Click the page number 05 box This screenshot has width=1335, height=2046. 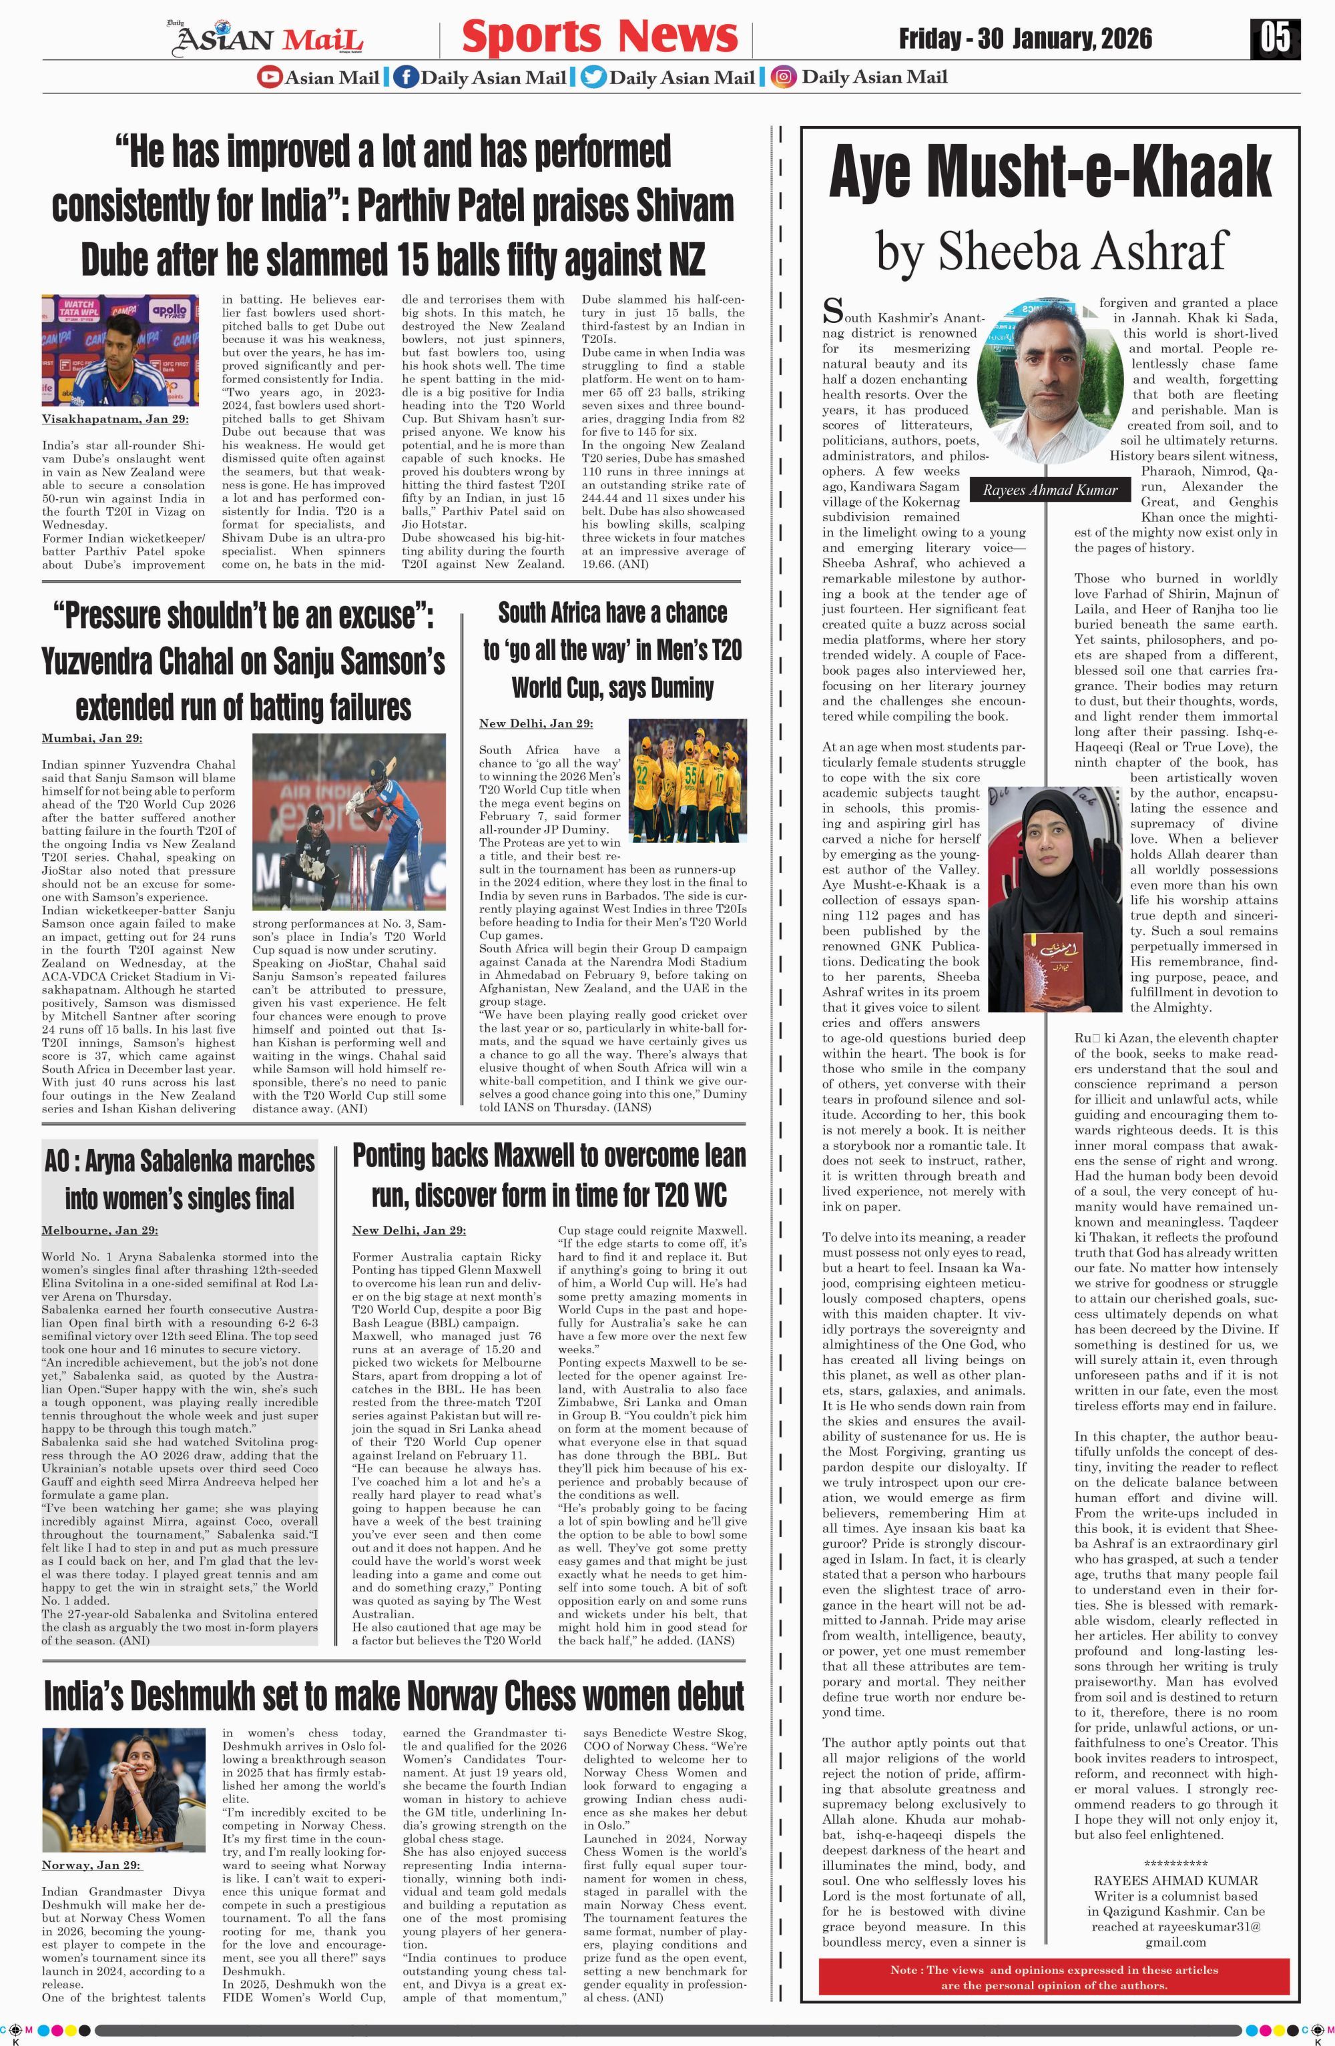tap(1275, 38)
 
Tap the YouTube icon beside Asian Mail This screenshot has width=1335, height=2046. tap(269, 77)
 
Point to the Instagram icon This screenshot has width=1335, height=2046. tap(782, 77)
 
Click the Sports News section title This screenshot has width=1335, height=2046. tap(599, 37)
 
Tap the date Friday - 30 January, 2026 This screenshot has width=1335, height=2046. tap(1025, 39)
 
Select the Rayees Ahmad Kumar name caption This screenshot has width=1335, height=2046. tap(1049, 490)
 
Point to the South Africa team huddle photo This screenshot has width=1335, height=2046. tap(687, 779)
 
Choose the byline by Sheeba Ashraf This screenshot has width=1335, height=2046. tap(1052, 251)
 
